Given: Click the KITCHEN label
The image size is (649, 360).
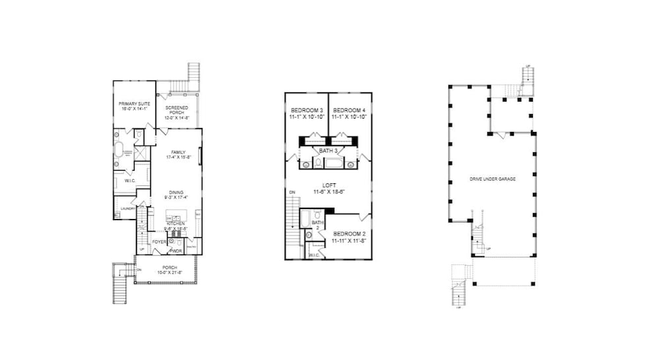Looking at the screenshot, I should [175, 224].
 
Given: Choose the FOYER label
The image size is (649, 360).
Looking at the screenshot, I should [159, 242].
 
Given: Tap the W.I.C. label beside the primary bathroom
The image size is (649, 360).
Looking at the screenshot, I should [129, 180].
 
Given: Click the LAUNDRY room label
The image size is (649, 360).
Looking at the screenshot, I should [127, 208].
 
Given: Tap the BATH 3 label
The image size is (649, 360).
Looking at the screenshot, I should [328, 151].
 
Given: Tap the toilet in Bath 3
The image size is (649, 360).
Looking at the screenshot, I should [307, 163].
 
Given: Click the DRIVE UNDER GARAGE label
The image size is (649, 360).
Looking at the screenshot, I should [492, 179].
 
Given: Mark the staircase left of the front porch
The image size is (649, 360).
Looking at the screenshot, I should [120, 282].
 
